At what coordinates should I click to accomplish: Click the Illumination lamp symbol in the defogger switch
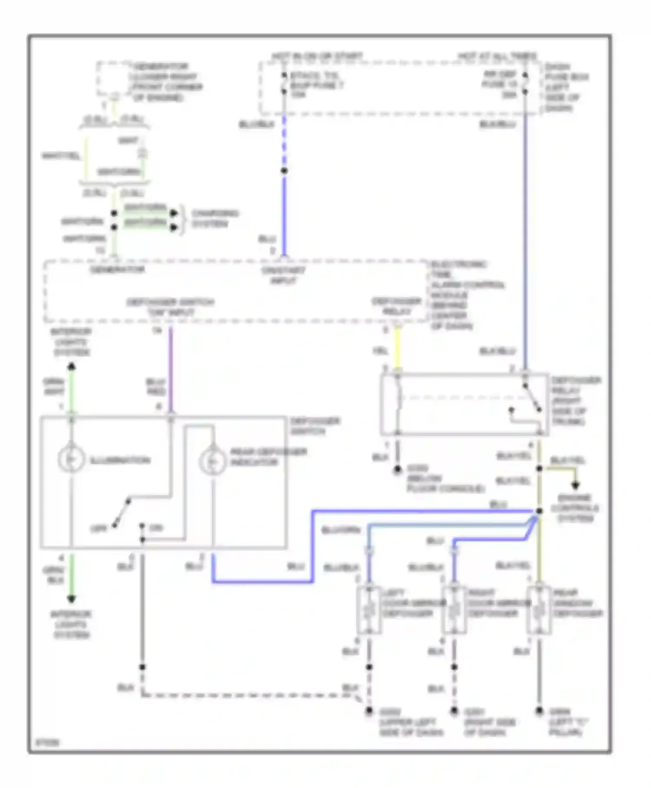[x=71, y=460]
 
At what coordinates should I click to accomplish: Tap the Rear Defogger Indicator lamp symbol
[x=212, y=461]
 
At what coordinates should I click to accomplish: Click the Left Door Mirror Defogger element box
[x=369, y=610]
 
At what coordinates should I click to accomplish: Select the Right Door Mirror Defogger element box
[x=454, y=610]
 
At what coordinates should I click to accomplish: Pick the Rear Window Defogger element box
[x=539, y=610]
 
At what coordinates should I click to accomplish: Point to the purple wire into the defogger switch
[x=171, y=369]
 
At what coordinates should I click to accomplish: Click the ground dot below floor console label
[x=397, y=470]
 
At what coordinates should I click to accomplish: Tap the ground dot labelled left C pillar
[x=539, y=711]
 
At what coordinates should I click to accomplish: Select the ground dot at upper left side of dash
[x=369, y=711]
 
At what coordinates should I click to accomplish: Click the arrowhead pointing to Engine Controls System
[x=575, y=485]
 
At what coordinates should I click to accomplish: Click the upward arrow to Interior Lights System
[x=72, y=367]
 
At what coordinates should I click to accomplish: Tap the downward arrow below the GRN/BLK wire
[x=72, y=599]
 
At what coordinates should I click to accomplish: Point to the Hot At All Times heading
[x=497, y=56]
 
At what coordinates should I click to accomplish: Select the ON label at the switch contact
[x=155, y=528]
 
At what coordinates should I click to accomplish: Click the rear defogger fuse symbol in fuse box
[x=525, y=83]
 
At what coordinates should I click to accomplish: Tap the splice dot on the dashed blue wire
[x=284, y=171]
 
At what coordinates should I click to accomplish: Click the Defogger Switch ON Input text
[x=171, y=307]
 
